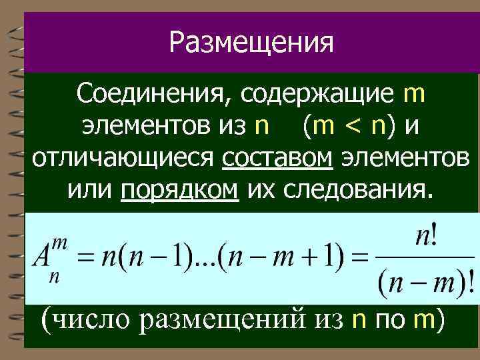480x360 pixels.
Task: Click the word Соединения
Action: point(150,95)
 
